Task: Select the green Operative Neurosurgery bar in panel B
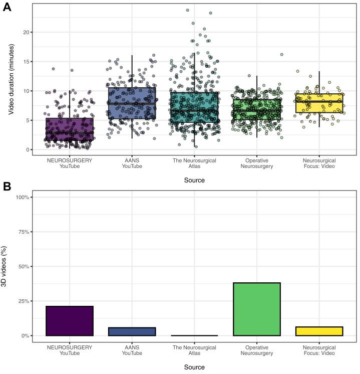[x=257, y=309]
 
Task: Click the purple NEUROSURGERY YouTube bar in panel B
[x=70, y=321]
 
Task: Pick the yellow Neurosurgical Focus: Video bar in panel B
[x=319, y=331]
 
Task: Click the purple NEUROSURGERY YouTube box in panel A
[x=70, y=129]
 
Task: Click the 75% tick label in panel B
[x=24, y=232]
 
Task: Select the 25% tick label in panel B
[x=24, y=301]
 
